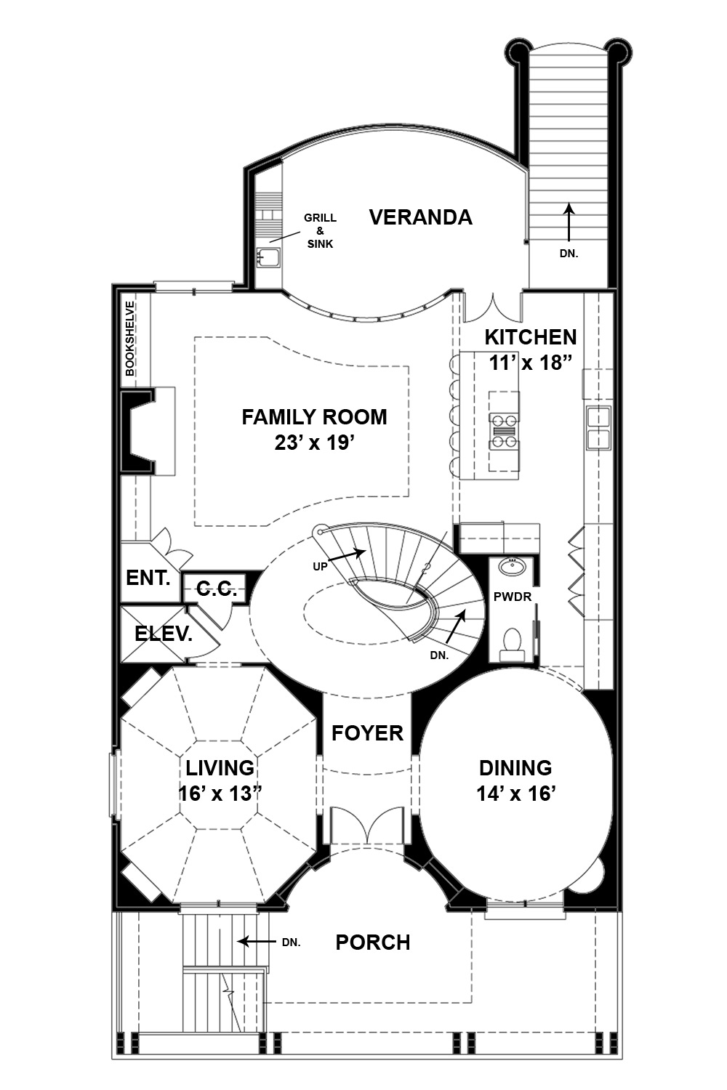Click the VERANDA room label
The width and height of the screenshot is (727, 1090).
point(420,217)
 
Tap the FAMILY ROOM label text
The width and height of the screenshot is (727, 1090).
point(314,417)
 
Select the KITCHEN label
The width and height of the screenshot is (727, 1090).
point(530,337)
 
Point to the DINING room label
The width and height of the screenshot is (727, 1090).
point(515,768)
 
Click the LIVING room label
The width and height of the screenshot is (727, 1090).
point(220,768)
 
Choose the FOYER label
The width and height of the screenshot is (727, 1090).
point(367,733)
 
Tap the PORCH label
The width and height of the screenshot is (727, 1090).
point(372,942)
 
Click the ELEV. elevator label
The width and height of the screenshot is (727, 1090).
point(164,634)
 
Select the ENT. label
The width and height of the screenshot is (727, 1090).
point(148,578)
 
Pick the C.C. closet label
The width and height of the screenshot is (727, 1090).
point(216,589)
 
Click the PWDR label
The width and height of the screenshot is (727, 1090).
point(513,597)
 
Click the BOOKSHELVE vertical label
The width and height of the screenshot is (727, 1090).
point(130,338)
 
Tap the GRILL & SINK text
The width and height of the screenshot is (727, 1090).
point(320,230)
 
